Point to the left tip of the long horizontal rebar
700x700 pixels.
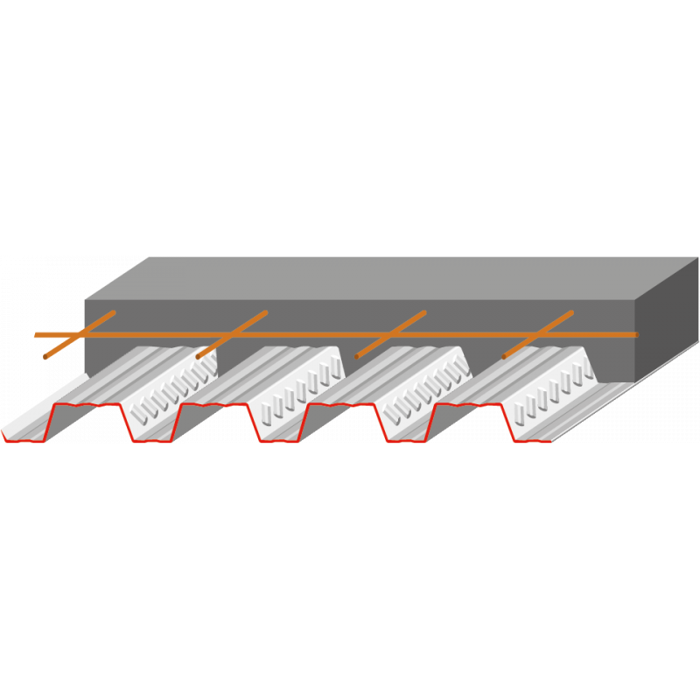pos(35,335)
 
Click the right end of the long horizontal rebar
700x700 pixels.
pos(636,334)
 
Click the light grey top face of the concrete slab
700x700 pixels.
pos(394,277)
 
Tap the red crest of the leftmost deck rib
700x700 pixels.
pos(87,406)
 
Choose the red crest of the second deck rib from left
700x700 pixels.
pos(214,406)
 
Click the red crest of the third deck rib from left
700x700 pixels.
pos(341,406)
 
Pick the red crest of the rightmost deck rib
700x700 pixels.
pos(468,406)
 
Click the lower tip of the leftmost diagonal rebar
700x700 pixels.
pos(46,357)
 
